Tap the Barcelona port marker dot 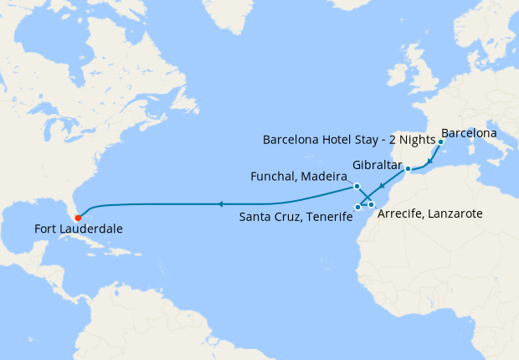point(440,141)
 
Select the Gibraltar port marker point(409,170)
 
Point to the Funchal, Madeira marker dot point(357,186)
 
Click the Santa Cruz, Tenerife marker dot point(357,206)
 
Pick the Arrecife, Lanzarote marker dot point(372,204)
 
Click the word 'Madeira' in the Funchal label point(323,177)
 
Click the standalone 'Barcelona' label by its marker point(469,132)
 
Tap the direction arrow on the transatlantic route point(219,203)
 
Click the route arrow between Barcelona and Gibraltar point(430,160)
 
